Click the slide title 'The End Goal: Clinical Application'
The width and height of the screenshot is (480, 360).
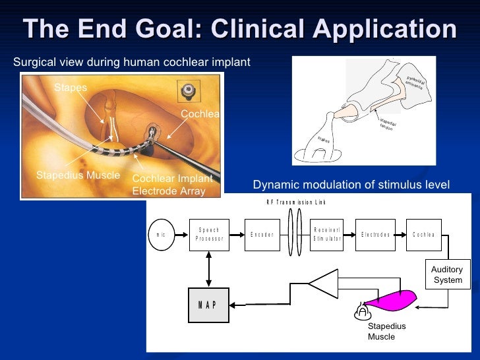pyautogui.click(x=240, y=29)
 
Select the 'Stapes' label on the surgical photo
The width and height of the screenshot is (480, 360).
pyautogui.click(x=71, y=88)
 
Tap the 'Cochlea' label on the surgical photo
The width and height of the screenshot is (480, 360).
pyautogui.click(x=200, y=114)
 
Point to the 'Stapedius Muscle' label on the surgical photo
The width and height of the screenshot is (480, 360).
pyautogui.click(x=78, y=175)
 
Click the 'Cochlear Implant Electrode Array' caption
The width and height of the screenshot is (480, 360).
pyautogui.click(x=173, y=185)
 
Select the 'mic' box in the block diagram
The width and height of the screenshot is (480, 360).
pyautogui.click(x=162, y=235)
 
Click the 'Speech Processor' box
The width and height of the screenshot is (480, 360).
pyautogui.click(x=209, y=235)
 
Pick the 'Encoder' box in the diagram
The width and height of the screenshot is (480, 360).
pyautogui.click(x=262, y=235)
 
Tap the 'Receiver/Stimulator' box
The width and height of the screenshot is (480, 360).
pyautogui.click(x=327, y=235)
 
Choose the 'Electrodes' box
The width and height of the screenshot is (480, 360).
pyautogui.click(x=376, y=235)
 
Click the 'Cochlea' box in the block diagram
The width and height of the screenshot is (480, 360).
pyautogui.click(x=424, y=235)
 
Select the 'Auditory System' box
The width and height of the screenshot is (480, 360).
pyautogui.click(x=447, y=275)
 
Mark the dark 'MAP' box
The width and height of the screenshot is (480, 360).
pyautogui.click(x=208, y=305)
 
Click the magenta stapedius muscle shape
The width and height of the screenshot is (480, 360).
pyautogui.click(x=392, y=299)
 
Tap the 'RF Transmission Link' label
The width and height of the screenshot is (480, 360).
pyautogui.click(x=296, y=202)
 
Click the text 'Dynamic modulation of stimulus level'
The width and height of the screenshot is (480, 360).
pyautogui.click(x=351, y=185)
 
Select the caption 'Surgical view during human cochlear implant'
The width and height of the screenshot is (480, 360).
pyautogui.click(x=132, y=63)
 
